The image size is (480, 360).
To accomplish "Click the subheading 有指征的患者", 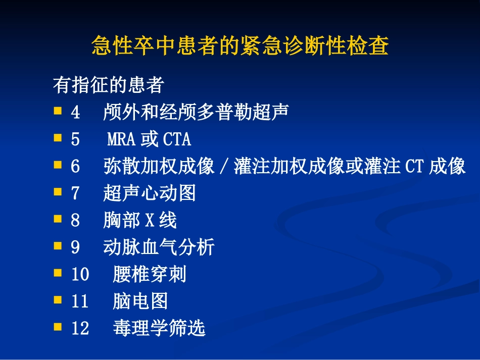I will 108,85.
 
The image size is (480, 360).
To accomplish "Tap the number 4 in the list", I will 75,112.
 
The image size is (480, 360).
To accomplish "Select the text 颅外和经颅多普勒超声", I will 196,112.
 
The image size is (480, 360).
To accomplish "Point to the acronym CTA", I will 177,139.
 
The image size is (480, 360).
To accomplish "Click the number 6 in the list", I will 75,167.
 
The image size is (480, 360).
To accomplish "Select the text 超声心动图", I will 149,193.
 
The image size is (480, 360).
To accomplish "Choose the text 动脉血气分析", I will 159,247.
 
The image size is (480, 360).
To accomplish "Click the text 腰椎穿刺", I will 150,275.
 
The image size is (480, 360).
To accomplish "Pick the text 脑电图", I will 140,302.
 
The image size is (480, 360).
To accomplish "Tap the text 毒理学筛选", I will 159,329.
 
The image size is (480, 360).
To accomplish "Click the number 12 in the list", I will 80,329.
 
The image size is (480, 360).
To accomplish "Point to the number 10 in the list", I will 80,275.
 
